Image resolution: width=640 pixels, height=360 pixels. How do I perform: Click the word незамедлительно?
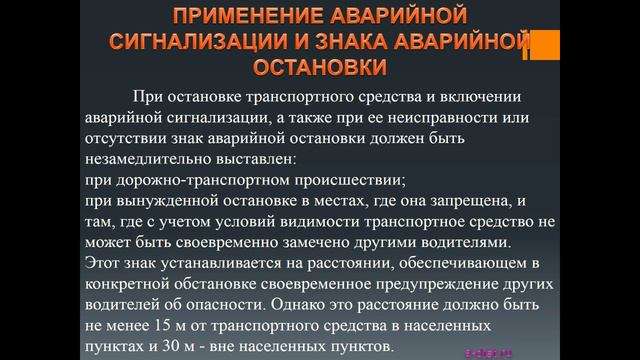click(x=154, y=160)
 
